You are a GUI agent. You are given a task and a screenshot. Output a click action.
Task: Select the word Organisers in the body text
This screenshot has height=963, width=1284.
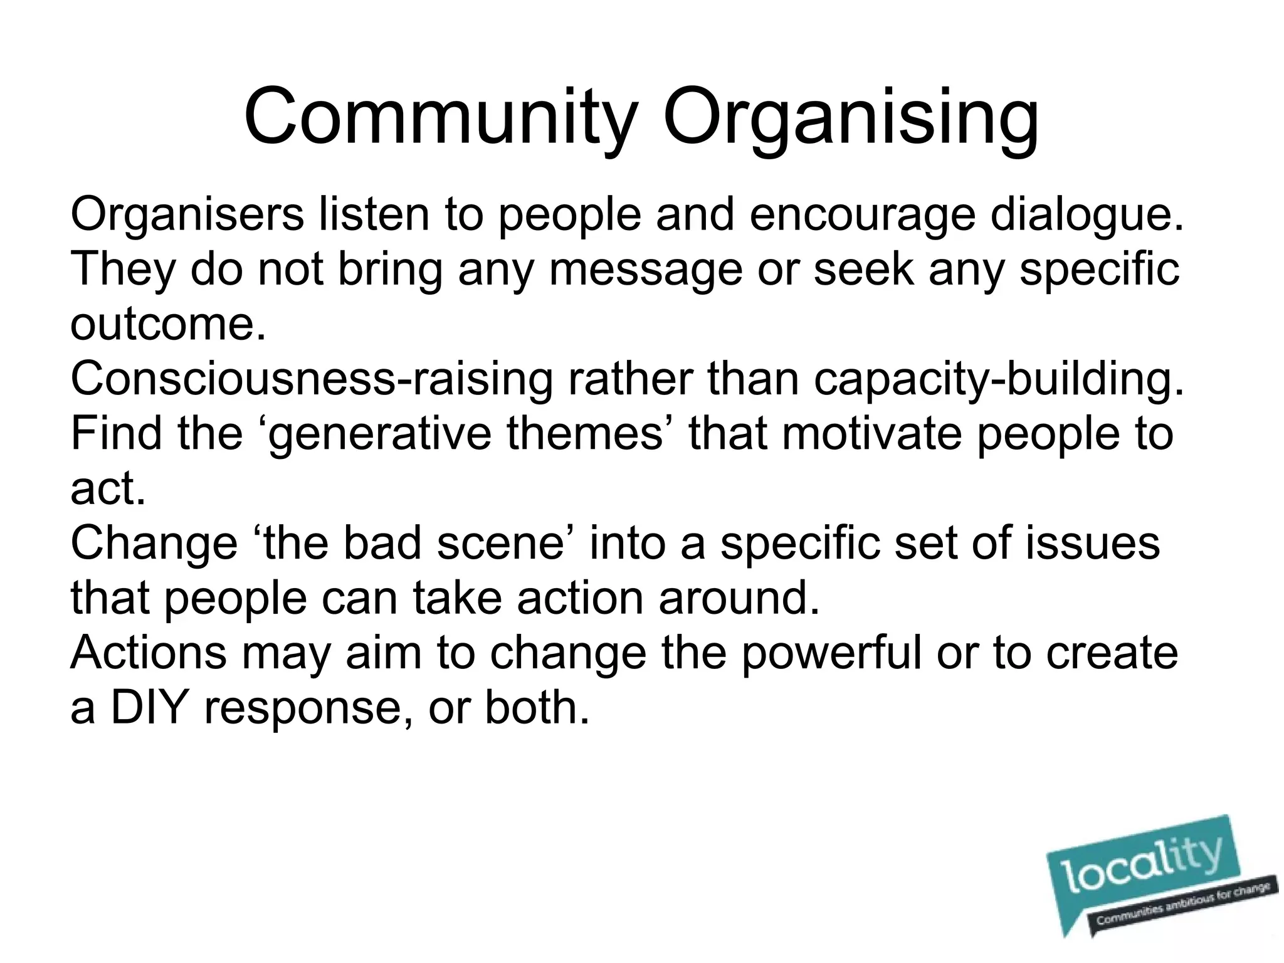[187, 215]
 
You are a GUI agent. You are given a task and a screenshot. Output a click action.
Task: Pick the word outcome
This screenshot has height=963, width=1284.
[168, 325]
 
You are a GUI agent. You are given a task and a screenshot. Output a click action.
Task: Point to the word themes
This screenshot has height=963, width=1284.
[584, 433]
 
